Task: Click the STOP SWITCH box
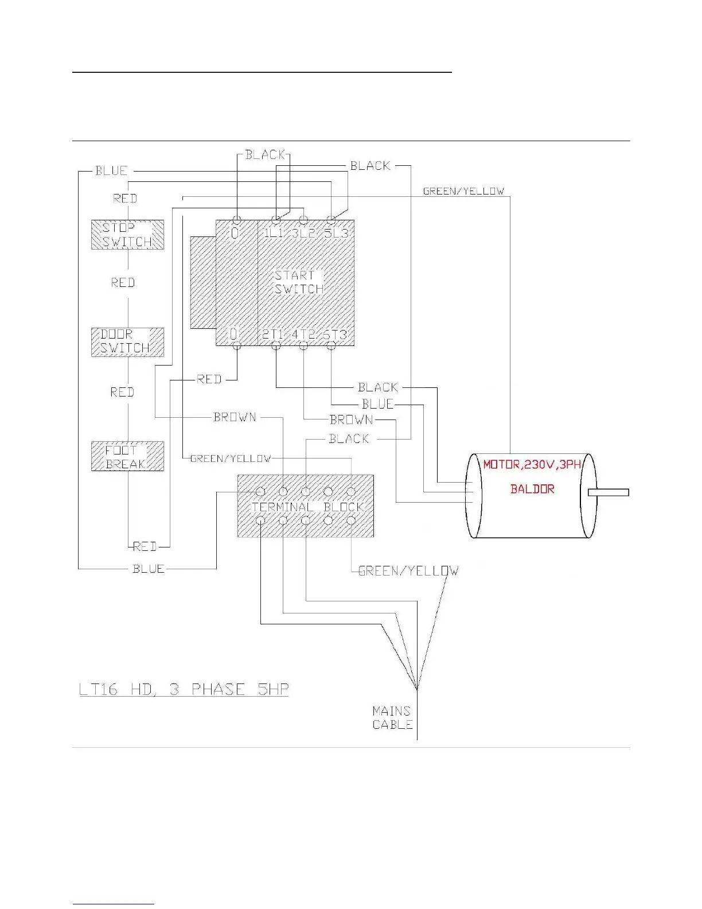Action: pos(127,235)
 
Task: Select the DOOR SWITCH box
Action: pos(127,342)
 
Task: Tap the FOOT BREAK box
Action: pos(127,457)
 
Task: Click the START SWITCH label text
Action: pos(298,282)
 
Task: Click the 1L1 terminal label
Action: pos(274,234)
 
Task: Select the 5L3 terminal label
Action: pos(336,234)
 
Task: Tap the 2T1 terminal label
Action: pos(274,335)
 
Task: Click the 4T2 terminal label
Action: pos(304,335)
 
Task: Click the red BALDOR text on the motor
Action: pos(532,490)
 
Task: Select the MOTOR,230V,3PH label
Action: pos(532,465)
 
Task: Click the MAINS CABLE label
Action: pos(392,718)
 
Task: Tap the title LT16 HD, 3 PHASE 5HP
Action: pos(184,689)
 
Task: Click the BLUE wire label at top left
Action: pos(111,171)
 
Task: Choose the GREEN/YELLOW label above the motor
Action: pos(463,192)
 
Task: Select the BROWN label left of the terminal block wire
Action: pos(235,417)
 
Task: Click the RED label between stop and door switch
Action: pos(123,283)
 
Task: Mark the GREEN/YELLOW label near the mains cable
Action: pos(408,571)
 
